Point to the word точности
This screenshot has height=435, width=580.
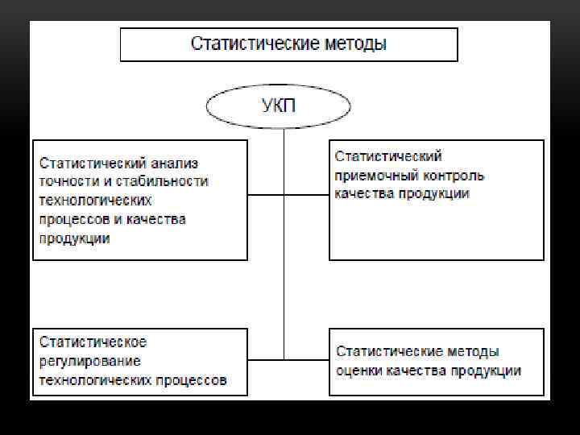click(67, 181)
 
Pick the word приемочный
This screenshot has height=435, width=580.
click(373, 175)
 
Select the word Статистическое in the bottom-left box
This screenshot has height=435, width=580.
click(93, 342)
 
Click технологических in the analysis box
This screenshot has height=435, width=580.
click(95, 200)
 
